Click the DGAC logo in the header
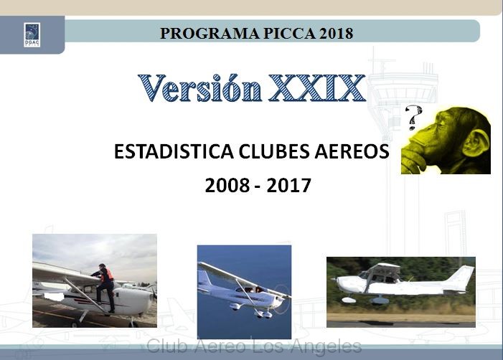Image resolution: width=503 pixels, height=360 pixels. [32, 34]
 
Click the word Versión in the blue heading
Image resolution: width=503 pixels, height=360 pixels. [200, 87]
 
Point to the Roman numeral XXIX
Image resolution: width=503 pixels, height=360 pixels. [316, 87]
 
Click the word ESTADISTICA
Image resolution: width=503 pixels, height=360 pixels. [174, 151]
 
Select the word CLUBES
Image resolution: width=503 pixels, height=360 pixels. [275, 151]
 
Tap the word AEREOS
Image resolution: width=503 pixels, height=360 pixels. [352, 151]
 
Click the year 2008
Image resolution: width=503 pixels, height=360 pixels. [227, 185]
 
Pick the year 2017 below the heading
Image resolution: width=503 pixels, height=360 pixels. [288, 185]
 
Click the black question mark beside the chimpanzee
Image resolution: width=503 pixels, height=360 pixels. [413, 118]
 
